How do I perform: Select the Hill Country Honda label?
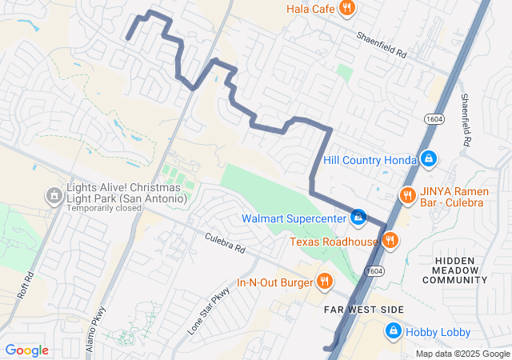pos(370,160)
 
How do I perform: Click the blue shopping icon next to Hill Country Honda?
pos(429,159)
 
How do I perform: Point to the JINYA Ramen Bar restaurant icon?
pos(407,194)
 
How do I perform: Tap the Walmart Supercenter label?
pos(294,218)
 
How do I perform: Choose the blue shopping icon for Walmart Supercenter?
pos(358,217)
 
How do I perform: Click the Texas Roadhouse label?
pos(333,241)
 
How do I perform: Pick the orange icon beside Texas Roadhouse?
pos(390,240)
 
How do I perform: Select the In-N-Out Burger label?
pos(273,282)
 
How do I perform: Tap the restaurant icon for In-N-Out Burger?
pos(324,282)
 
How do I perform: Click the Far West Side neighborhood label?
pos(363,310)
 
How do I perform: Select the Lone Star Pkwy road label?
pos(209,310)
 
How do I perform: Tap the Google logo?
pos(27,350)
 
